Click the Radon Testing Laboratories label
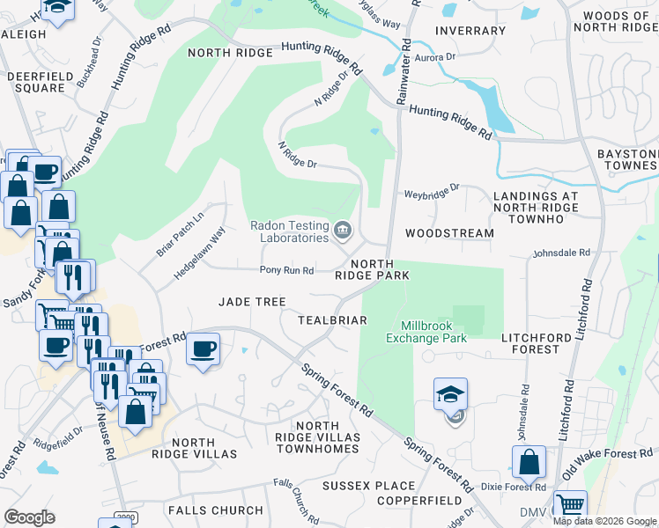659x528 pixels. pyautogui.click(x=289, y=231)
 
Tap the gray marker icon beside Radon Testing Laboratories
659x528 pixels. pyautogui.click(x=343, y=231)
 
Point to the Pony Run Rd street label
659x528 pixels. pyautogui.click(x=286, y=270)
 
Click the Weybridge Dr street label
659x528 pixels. pyautogui.click(x=432, y=189)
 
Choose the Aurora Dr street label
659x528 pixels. pyautogui.click(x=437, y=57)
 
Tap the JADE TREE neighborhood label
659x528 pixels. pyautogui.click(x=252, y=302)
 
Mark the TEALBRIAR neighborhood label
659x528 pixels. pyautogui.click(x=332, y=320)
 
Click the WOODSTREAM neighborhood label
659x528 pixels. pyautogui.click(x=449, y=233)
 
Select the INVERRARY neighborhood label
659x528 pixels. pyautogui.click(x=470, y=31)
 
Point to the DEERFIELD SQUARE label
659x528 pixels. pyautogui.click(x=36, y=82)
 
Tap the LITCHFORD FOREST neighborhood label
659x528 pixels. pyautogui.click(x=543, y=343)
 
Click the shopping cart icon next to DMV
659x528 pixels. pyautogui.click(x=570, y=506)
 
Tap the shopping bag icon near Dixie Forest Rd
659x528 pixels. pyautogui.click(x=529, y=461)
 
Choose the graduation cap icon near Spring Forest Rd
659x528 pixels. pyautogui.click(x=450, y=394)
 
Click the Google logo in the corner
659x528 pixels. pyautogui.click(x=29, y=517)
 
